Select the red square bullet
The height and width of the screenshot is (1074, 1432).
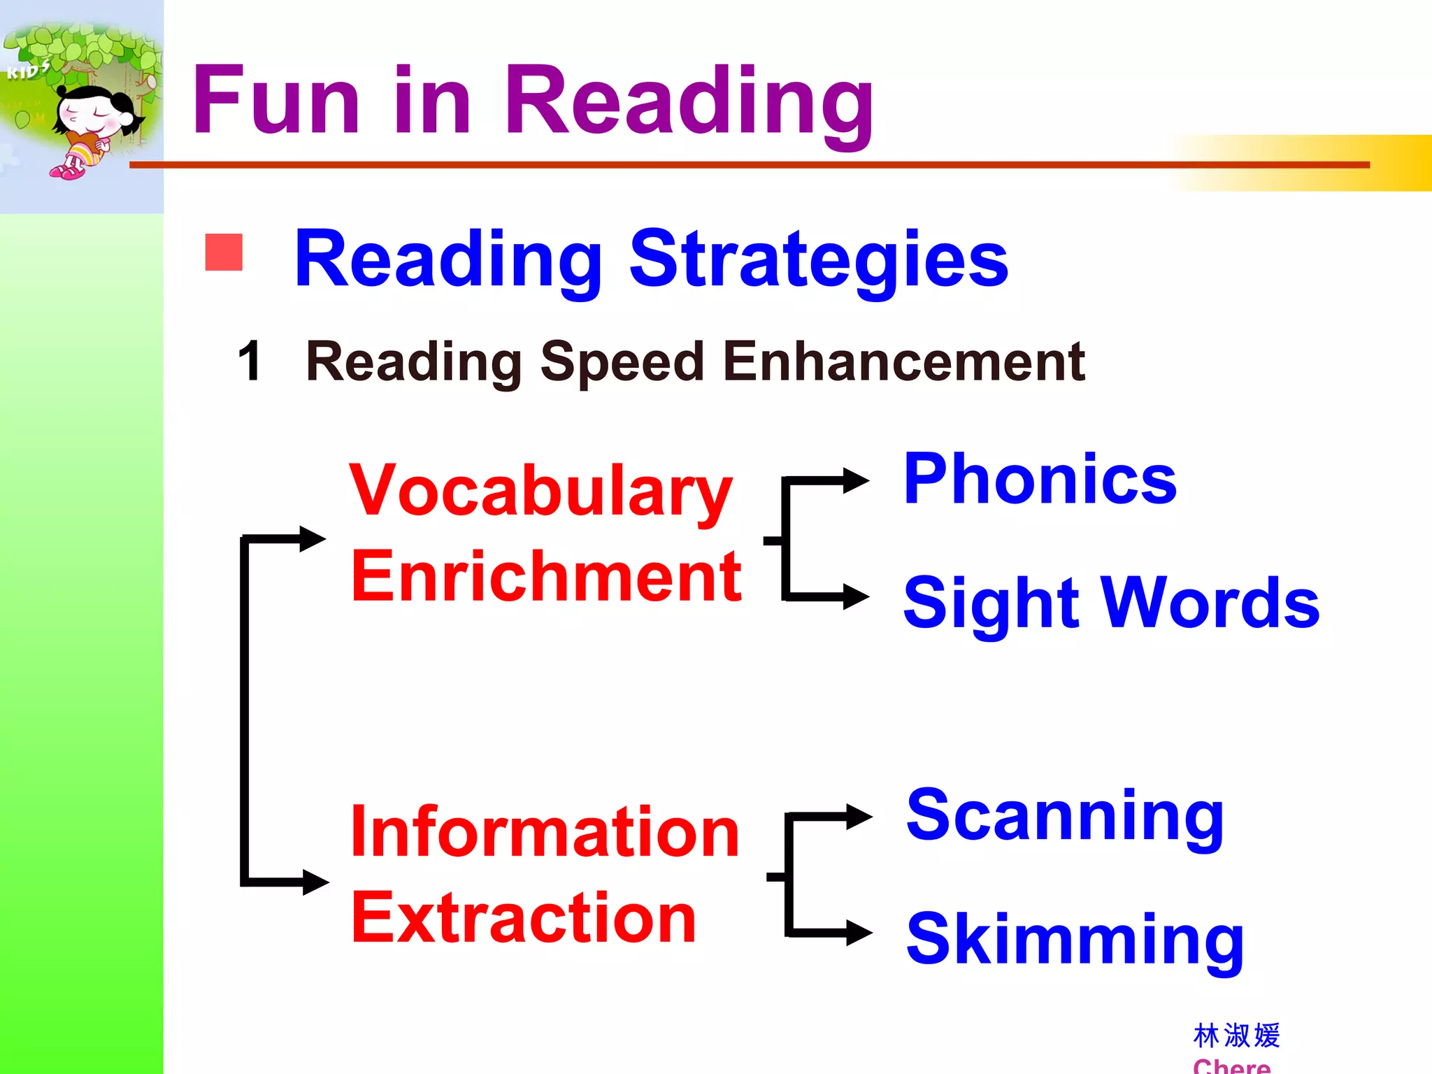click(x=224, y=252)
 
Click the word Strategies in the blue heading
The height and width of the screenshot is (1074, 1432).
click(x=818, y=260)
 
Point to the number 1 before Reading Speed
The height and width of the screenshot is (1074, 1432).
click(x=250, y=361)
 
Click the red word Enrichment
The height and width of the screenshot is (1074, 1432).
click(x=546, y=577)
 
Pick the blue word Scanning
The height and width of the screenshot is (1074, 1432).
click(x=1064, y=816)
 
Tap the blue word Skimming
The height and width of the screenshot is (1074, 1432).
click(x=1075, y=940)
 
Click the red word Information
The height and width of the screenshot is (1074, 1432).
click(x=545, y=832)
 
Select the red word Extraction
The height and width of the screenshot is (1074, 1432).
click(x=524, y=918)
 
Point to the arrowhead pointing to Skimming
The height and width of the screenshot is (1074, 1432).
click(x=859, y=932)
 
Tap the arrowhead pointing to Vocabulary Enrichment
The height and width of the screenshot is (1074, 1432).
click(x=312, y=538)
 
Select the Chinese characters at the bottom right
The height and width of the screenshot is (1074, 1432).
click(x=1236, y=1036)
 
